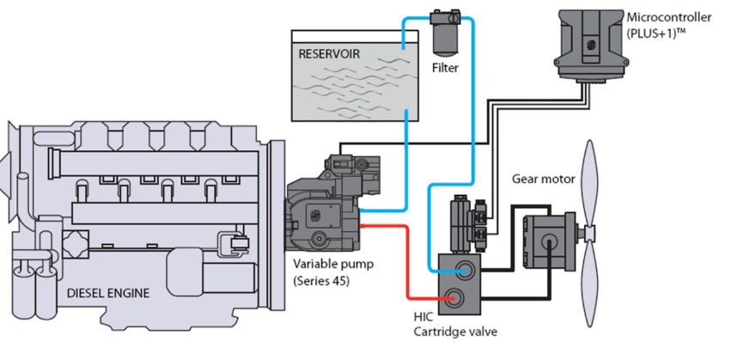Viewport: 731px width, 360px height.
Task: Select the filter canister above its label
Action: (444, 33)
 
